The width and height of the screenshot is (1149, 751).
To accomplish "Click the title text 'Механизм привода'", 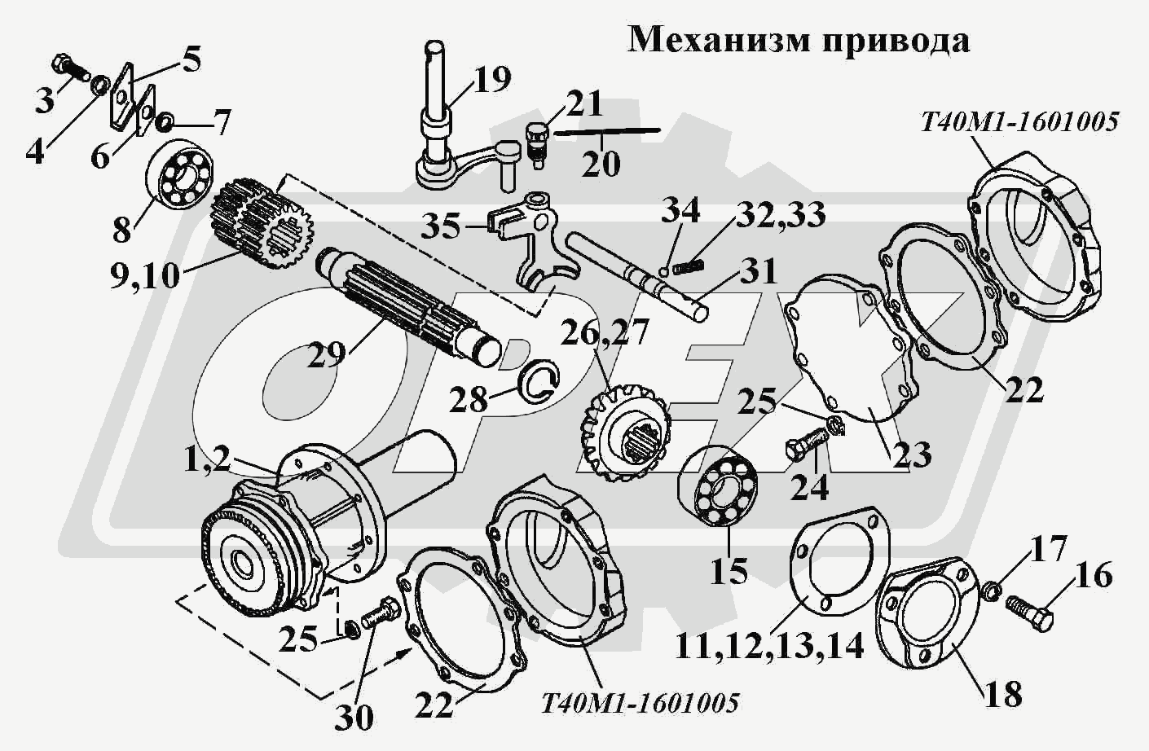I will (799, 39).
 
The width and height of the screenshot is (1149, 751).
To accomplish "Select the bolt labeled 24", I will (806, 444).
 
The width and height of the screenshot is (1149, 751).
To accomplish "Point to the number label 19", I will (491, 80).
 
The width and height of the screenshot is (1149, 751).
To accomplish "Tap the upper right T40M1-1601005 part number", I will (1019, 122).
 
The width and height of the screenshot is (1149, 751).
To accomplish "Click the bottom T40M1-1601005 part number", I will (640, 702).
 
